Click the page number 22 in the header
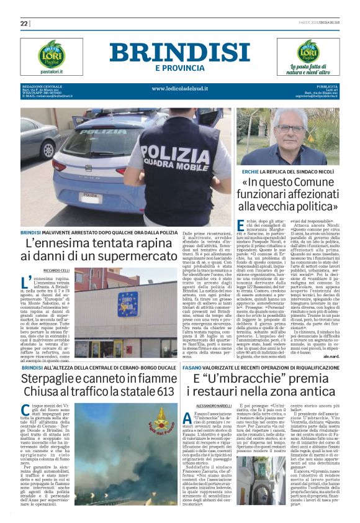[25, 23]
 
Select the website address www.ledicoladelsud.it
[179, 88]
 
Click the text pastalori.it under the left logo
[51, 71]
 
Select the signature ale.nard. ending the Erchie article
[338, 340]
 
